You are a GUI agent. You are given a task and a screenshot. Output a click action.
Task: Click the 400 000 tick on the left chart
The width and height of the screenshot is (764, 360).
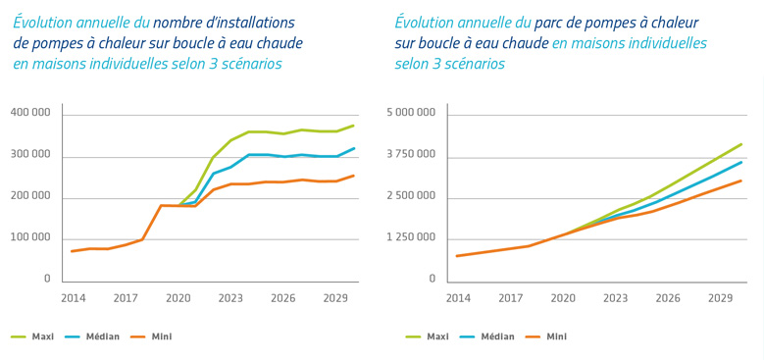tap(30, 115)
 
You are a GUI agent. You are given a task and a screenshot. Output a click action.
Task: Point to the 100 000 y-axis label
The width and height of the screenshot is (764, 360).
tap(30, 238)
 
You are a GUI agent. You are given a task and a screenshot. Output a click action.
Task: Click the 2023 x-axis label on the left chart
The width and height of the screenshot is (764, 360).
tap(230, 297)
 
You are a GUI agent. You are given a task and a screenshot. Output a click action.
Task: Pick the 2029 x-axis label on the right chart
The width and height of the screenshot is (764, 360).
tap(721, 297)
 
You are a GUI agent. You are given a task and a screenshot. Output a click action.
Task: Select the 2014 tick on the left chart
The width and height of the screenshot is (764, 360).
tap(73, 297)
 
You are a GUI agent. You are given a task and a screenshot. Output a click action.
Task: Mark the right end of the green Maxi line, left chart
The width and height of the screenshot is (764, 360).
tap(354, 126)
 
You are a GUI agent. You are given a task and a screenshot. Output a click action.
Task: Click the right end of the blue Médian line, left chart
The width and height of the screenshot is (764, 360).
tap(354, 148)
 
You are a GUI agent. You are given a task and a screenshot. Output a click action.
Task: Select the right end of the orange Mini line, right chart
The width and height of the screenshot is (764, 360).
tap(741, 180)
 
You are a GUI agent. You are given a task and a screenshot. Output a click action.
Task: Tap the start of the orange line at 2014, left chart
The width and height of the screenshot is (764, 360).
tap(73, 251)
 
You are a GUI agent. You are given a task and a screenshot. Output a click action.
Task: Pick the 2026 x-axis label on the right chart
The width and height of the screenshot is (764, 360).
tap(668, 297)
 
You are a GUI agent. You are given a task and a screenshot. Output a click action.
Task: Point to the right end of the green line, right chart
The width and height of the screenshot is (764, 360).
tap(741, 144)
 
